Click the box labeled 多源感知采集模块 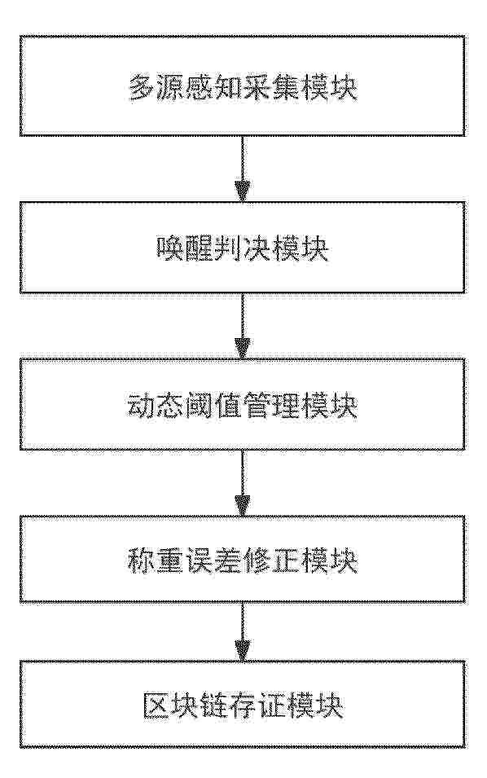pyautogui.click(x=243, y=86)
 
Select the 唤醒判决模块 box pyautogui.click(x=243, y=247)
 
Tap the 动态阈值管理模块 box pyautogui.click(x=243, y=404)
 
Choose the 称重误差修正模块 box pyautogui.click(x=243, y=559)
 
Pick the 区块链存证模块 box pyautogui.click(x=243, y=704)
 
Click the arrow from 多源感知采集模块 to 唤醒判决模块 pyautogui.click(x=243, y=168)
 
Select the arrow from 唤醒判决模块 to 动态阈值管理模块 pyautogui.click(x=243, y=325)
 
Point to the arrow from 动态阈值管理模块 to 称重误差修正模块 pyautogui.click(x=243, y=482)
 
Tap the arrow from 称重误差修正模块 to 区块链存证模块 pyautogui.click(x=243, y=631)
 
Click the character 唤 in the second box pyautogui.click(x=170, y=248)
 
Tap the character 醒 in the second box pyautogui.click(x=200, y=248)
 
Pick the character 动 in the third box pyautogui.click(x=142, y=406)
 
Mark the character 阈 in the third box pyautogui.click(x=200, y=406)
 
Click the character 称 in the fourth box pyautogui.click(x=142, y=560)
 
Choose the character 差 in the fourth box pyautogui.click(x=228, y=560)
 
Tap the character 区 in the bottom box pyautogui.click(x=156, y=705)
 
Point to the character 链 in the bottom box pyautogui.click(x=213, y=705)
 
